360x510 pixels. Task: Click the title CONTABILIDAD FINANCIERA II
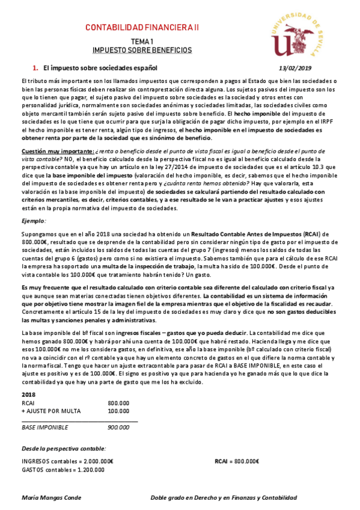point(142,28)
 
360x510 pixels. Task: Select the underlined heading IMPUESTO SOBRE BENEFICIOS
point(142,51)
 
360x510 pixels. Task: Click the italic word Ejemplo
point(34,221)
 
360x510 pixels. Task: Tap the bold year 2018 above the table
point(28,394)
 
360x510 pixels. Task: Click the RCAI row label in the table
point(28,403)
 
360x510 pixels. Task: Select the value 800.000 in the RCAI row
point(118,403)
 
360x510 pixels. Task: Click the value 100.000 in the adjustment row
point(118,411)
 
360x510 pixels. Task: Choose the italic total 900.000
point(118,428)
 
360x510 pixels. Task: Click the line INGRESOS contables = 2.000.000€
point(67,461)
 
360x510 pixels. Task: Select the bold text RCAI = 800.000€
point(237,461)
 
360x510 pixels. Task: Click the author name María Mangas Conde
point(51,498)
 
